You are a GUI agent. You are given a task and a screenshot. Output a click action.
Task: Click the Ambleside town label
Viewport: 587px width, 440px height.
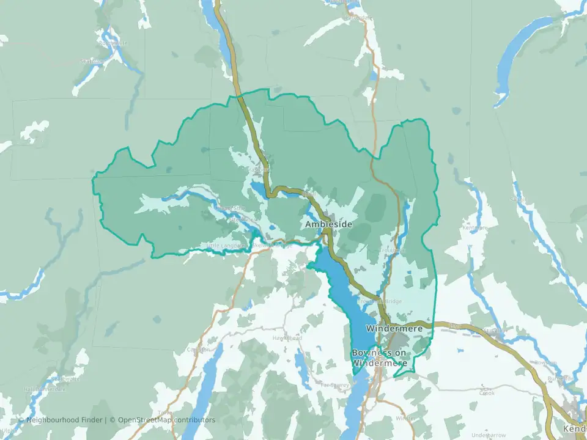click(329, 225)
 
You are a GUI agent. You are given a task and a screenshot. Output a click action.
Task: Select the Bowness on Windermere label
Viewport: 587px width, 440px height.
click(379, 358)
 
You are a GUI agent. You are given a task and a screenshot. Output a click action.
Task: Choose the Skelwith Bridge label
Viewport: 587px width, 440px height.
click(269, 245)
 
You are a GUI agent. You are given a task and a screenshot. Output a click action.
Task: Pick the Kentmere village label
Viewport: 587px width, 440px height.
click(475, 228)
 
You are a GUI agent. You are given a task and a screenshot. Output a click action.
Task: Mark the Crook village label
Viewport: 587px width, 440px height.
click(487, 393)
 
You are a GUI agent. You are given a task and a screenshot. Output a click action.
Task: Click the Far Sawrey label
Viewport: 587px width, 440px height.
click(335, 385)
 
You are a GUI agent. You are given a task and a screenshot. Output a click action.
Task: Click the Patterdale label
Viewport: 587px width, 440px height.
click(360, 18)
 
